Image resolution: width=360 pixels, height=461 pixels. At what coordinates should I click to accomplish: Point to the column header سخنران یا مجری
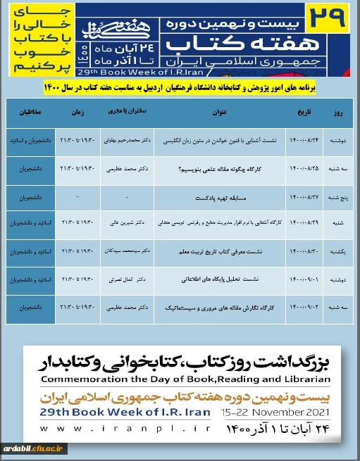click(x=124, y=111)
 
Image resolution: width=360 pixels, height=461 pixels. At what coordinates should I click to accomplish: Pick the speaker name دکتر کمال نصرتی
click(x=124, y=279)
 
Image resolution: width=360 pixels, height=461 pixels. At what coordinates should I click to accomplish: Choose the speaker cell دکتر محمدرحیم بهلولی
click(x=124, y=141)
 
